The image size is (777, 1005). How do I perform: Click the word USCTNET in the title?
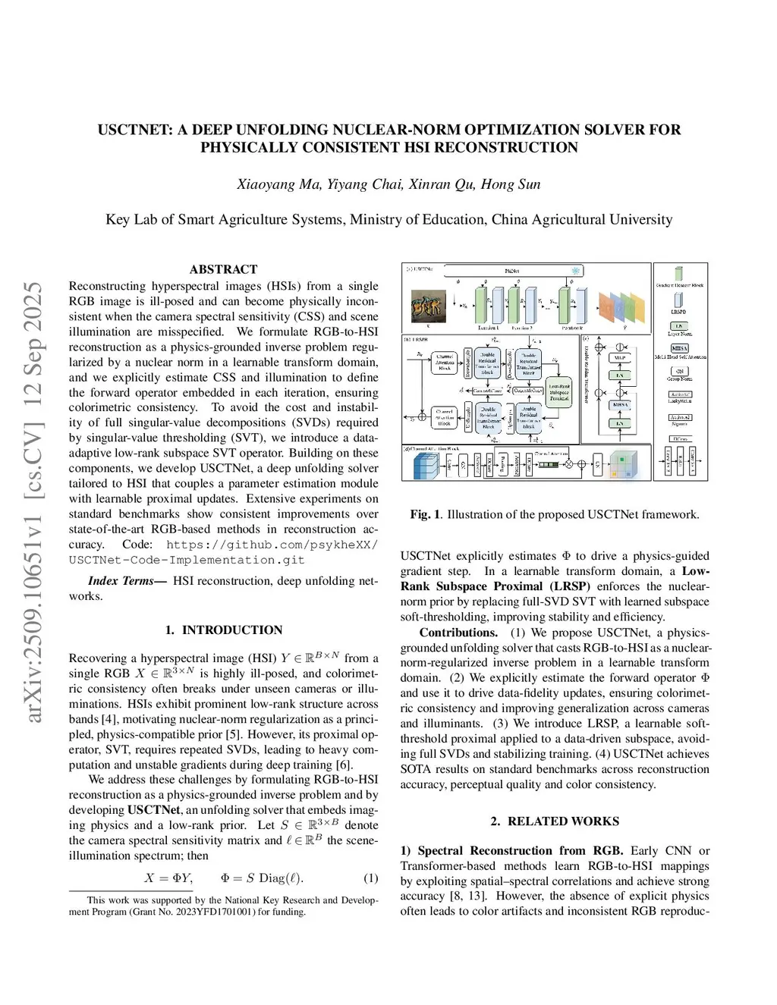pyautogui.click(x=133, y=130)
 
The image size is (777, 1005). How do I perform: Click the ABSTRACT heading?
pyautogui.click(x=223, y=269)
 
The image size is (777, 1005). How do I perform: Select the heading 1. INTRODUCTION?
pyautogui.click(x=223, y=630)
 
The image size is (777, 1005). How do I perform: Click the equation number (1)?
pyautogui.click(x=370, y=878)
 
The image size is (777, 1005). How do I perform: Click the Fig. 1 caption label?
pyautogui.click(x=425, y=514)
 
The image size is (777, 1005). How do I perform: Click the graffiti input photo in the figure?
pyautogui.click(x=426, y=306)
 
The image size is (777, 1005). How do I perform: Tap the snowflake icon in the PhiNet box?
pyautogui.click(x=576, y=271)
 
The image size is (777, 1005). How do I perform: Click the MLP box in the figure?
pyautogui.click(x=620, y=357)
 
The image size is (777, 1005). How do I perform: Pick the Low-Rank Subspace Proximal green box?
pyautogui.click(x=559, y=392)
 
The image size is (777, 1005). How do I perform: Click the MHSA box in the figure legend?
pyautogui.click(x=679, y=348)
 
